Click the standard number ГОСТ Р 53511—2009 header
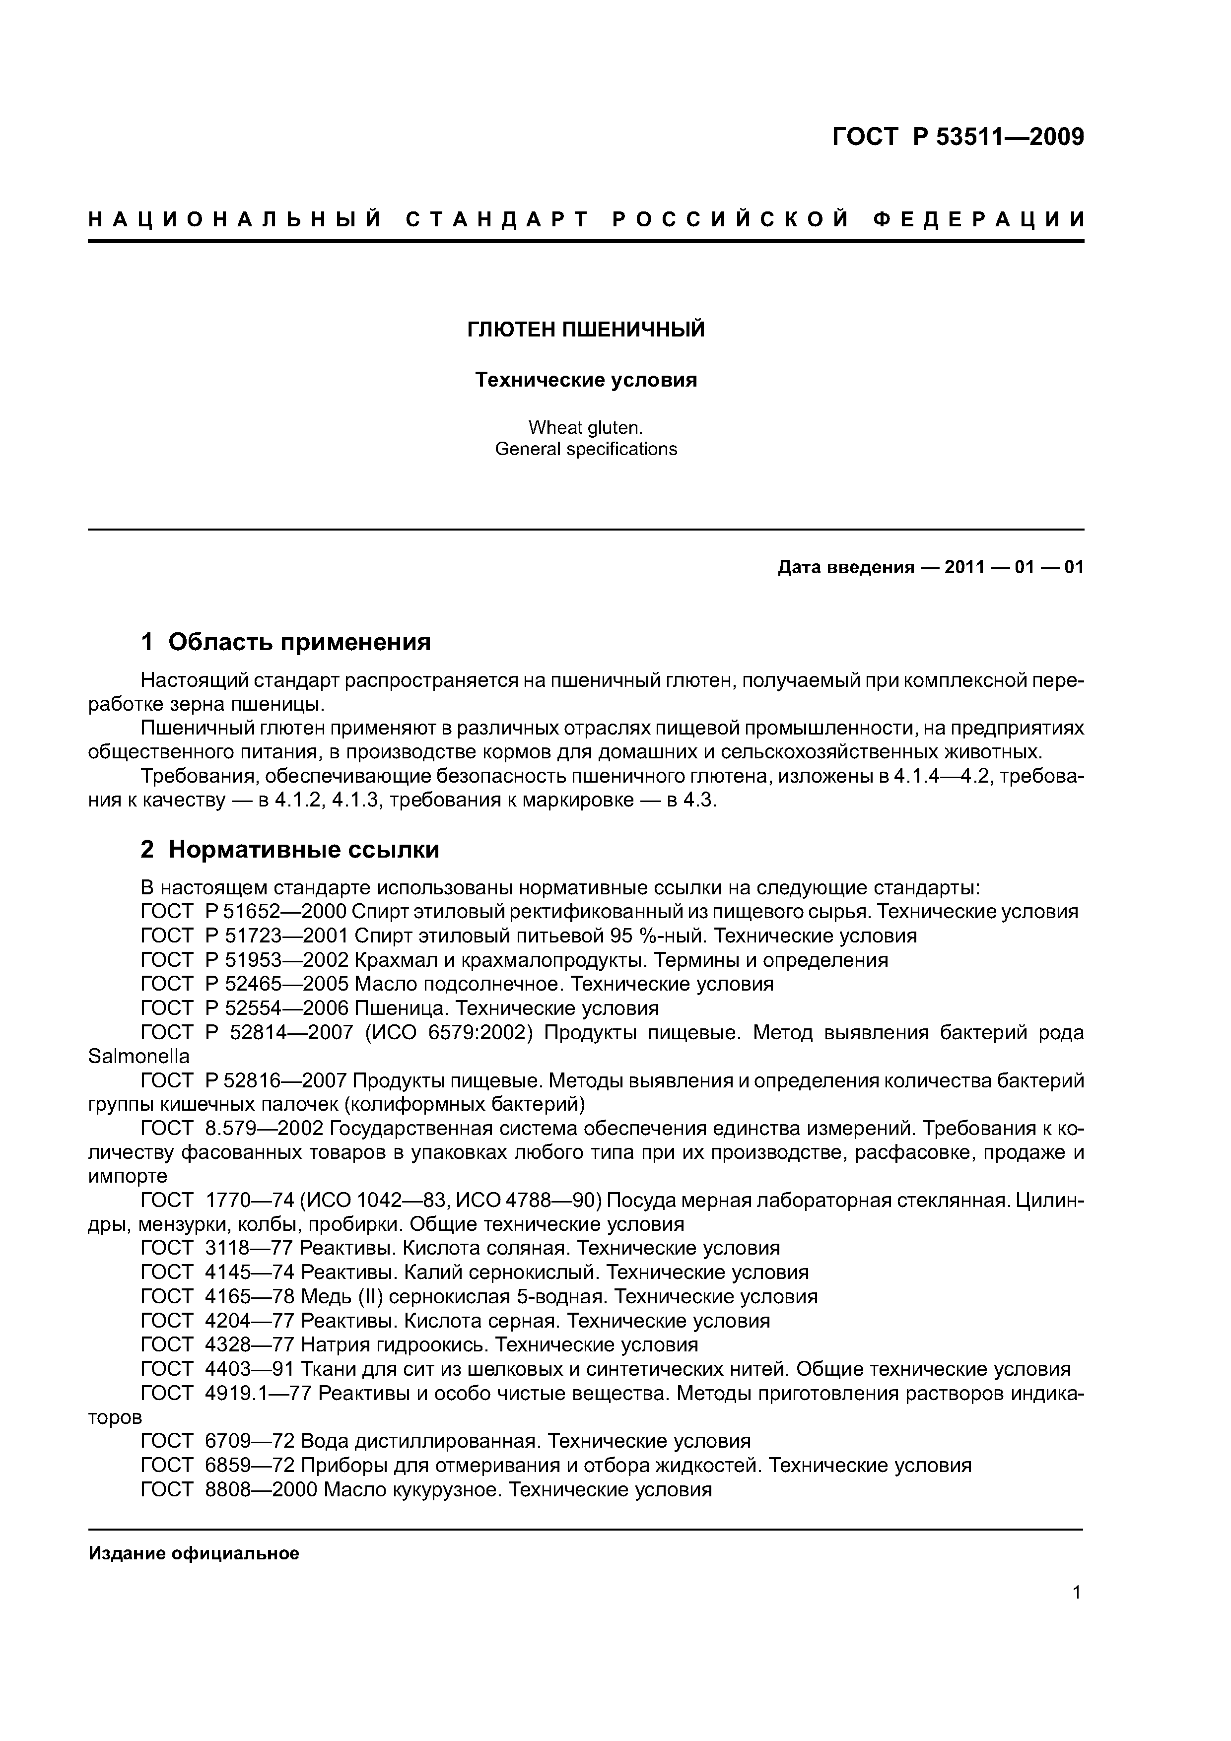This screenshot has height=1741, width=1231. point(958,137)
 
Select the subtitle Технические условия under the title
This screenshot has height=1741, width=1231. point(586,380)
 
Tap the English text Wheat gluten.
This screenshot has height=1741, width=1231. point(586,428)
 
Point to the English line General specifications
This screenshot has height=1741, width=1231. point(586,449)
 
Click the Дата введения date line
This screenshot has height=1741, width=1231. point(931,567)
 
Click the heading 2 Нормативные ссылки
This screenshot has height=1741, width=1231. point(290,850)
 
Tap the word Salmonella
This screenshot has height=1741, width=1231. point(139,1056)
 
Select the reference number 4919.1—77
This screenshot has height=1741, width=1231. point(258,1393)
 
